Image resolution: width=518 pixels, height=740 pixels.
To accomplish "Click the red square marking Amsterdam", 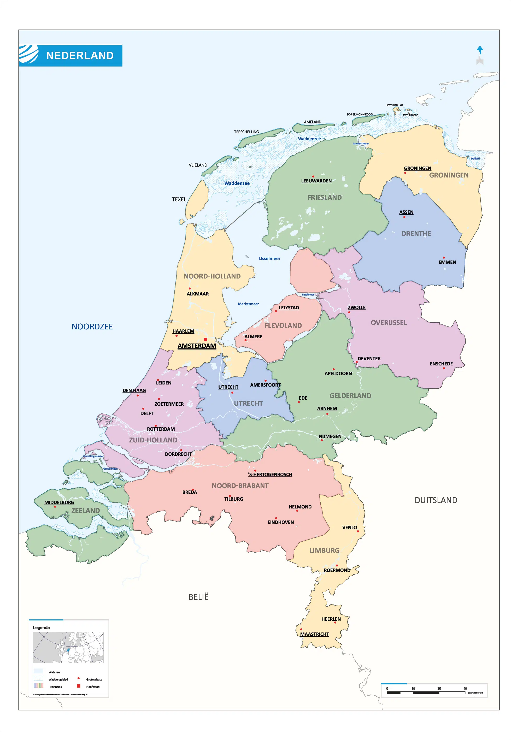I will pos(205,339).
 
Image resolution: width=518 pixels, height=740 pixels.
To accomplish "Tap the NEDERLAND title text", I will pos(80,56).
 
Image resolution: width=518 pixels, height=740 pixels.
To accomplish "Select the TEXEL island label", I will pos(179,199).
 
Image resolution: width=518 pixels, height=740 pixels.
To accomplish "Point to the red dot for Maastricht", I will pos(301,629).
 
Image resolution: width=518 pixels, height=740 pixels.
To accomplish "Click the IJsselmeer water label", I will pos(269,258).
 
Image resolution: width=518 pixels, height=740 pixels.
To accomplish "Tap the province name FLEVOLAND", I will pos(283,325).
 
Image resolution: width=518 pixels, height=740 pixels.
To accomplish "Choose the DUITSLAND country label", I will pos(436,500).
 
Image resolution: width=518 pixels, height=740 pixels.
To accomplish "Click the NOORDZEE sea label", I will pos(92,327).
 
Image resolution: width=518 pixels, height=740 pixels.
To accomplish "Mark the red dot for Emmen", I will pos(444,258).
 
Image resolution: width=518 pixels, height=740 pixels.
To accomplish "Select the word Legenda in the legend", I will pos(41,627).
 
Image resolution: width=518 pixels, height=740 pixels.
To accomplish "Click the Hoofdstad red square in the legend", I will pos(78,686).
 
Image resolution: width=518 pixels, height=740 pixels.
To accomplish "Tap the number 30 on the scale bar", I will pos(439,688).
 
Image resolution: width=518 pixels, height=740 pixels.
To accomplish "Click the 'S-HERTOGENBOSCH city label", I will pos(270,475).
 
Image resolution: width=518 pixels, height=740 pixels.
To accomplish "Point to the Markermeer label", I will pos(248,304).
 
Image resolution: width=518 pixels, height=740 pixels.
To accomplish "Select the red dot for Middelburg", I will pos(55,507).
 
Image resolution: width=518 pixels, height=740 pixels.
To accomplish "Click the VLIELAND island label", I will pos(198,165).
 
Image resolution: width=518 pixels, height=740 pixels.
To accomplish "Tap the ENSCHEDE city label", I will pos(441,364).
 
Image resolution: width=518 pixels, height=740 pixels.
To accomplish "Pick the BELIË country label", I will pos(199,597).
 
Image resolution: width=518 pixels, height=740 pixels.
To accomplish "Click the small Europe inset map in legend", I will pos(68,647).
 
